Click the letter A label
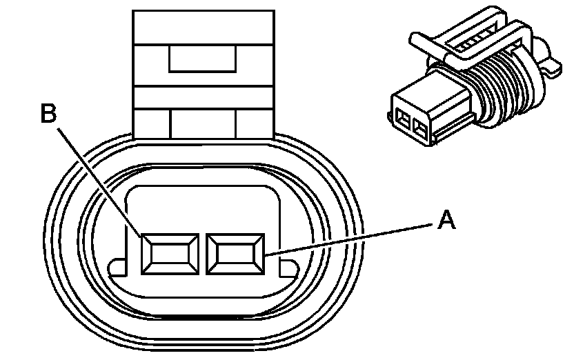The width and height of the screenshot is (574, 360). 446,221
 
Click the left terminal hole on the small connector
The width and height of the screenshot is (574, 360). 402,122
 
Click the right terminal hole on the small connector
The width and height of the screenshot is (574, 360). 419,127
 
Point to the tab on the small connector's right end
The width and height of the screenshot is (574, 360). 549,66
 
